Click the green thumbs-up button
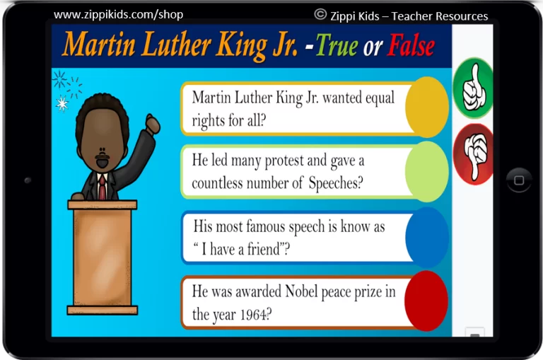pyautogui.click(x=473, y=88)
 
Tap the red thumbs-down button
pyautogui.click(x=473, y=154)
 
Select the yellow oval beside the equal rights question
pyautogui.click(x=426, y=108)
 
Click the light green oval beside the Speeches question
pyautogui.click(x=426, y=172)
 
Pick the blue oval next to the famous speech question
pyautogui.click(x=426, y=238)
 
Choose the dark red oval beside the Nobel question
pyautogui.click(x=426, y=301)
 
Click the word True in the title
pyautogui.click(x=337, y=47)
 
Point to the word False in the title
pyautogui.click(x=411, y=46)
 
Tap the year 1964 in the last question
pyautogui.click(x=254, y=315)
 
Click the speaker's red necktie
pyautogui.click(x=102, y=187)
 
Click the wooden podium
pyautogui.click(x=102, y=257)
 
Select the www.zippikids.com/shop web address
pyautogui.click(x=119, y=15)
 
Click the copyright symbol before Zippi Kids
pyautogui.click(x=320, y=14)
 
